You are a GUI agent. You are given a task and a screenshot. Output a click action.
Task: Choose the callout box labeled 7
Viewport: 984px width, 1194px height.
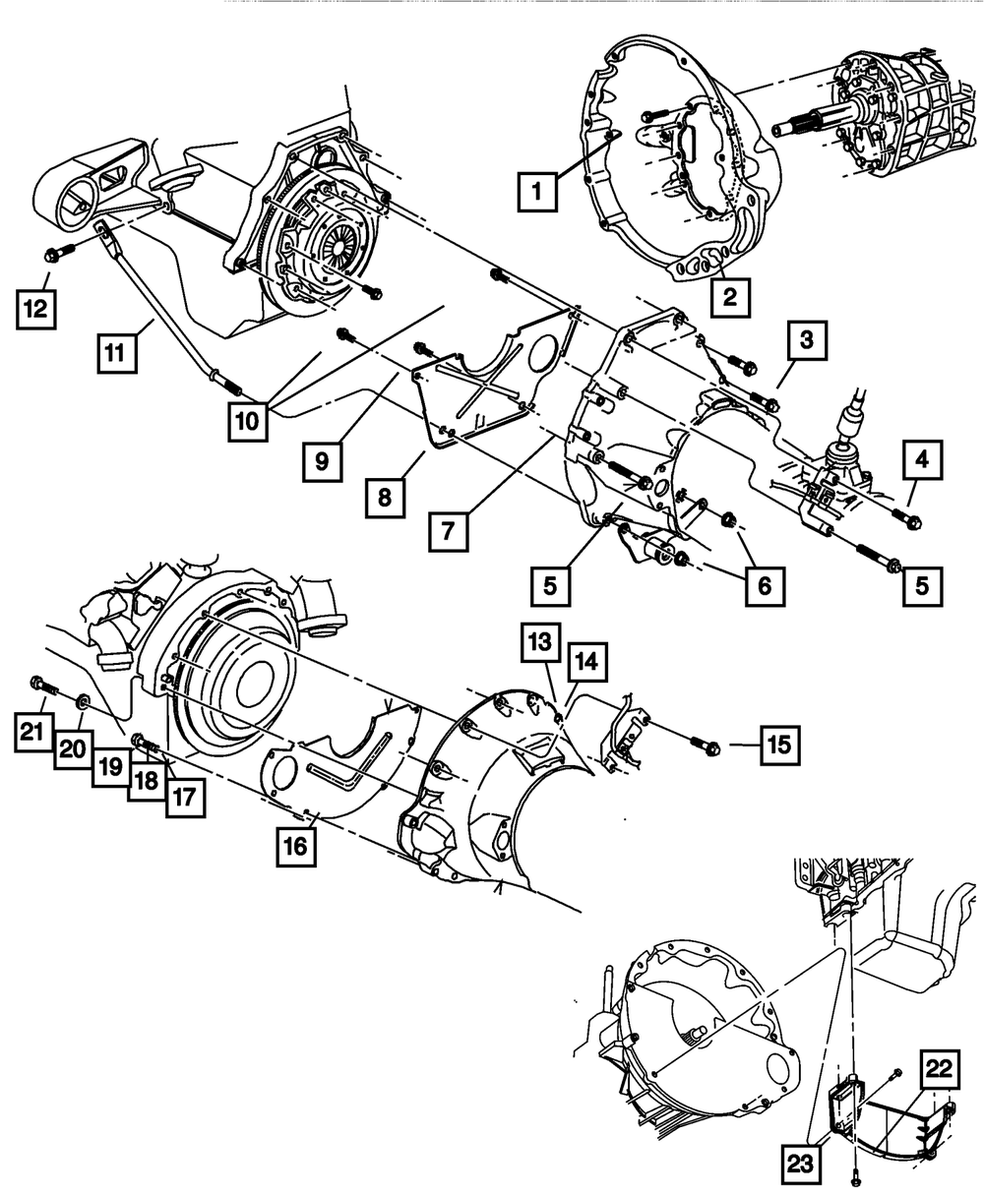[448, 532]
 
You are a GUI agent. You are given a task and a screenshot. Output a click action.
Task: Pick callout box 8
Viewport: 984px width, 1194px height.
[383, 498]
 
